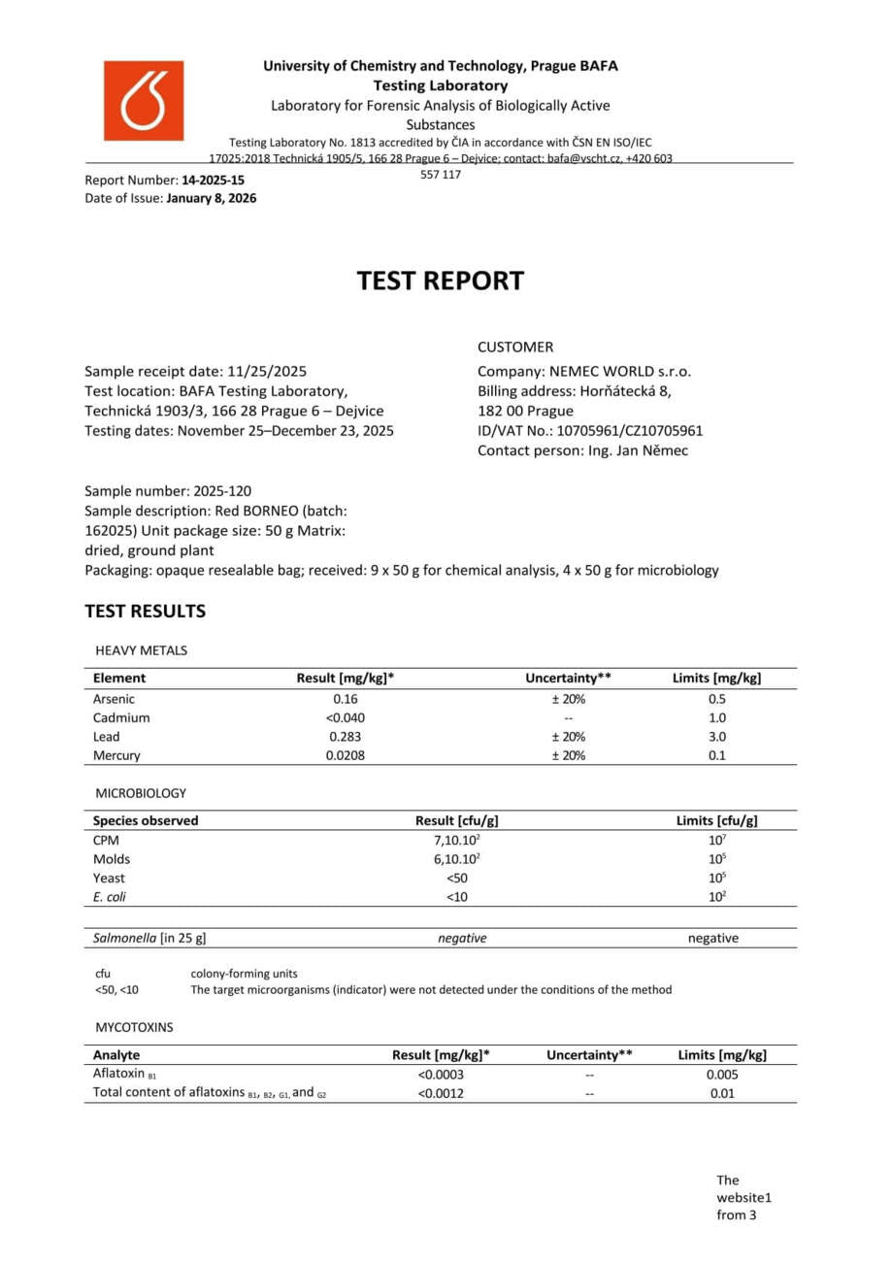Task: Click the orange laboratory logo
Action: pyautogui.click(x=144, y=101)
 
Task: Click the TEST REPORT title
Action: pyautogui.click(x=440, y=281)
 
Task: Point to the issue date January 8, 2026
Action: pyautogui.click(x=212, y=198)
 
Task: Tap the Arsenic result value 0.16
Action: pyautogui.click(x=345, y=699)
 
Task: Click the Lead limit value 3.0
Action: pyautogui.click(x=716, y=737)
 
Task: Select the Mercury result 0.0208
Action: pyautogui.click(x=345, y=755)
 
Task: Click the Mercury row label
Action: pyautogui.click(x=116, y=755)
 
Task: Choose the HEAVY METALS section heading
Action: pyautogui.click(x=141, y=650)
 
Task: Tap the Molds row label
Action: pyautogui.click(x=112, y=859)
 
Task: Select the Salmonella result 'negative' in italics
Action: pyautogui.click(x=462, y=938)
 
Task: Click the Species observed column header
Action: pyautogui.click(x=146, y=821)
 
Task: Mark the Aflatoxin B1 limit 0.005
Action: pyautogui.click(x=722, y=1075)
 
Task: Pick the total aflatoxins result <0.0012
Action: pyautogui.click(x=441, y=1094)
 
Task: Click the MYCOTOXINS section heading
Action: pyautogui.click(x=134, y=1026)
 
